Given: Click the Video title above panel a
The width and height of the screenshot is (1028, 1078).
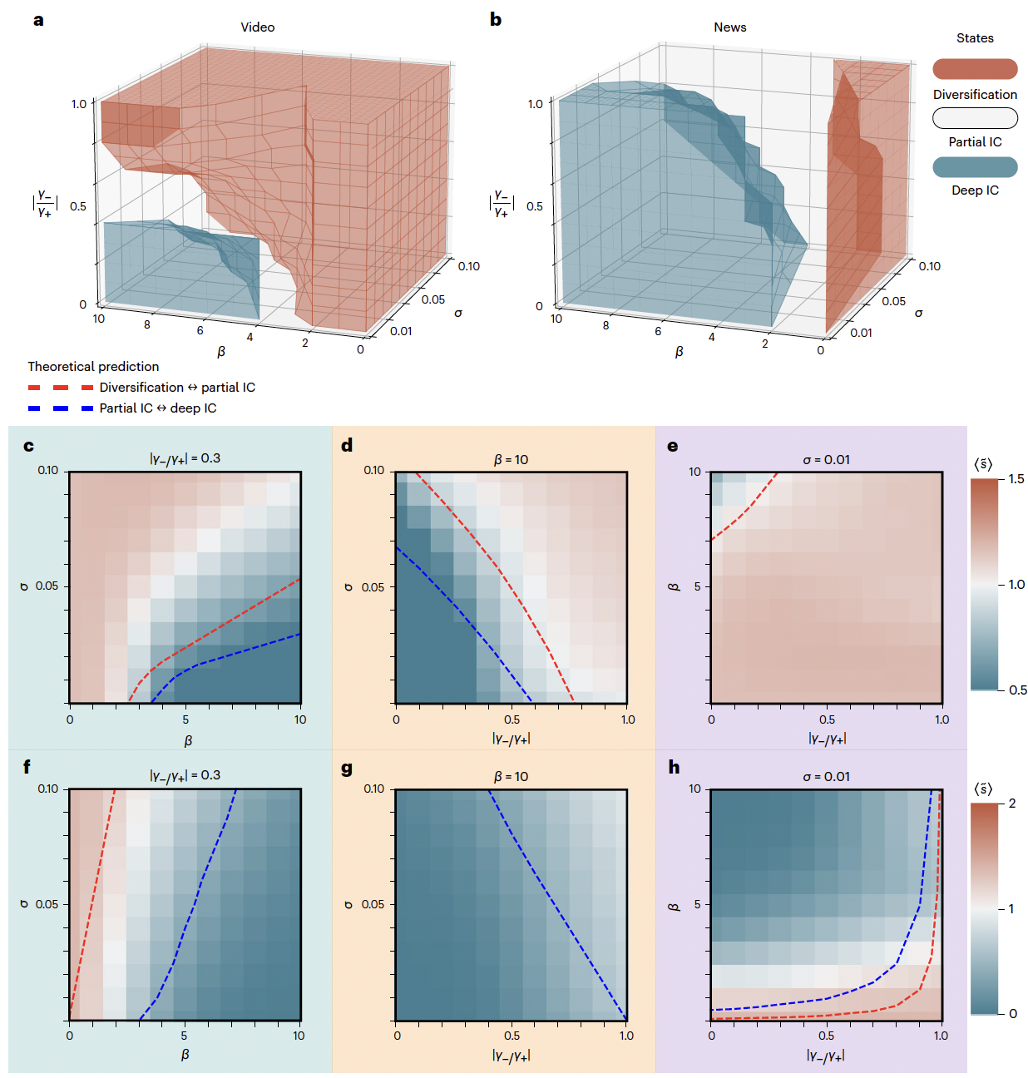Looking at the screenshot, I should pyautogui.click(x=258, y=27).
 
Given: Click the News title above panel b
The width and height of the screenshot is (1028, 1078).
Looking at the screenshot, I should pyautogui.click(x=729, y=27).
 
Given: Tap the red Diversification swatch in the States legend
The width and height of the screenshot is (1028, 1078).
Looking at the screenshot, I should pyautogui.click(x=975, y=69).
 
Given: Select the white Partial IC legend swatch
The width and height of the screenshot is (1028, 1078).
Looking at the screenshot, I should pyautogui.click(x=975, y=118).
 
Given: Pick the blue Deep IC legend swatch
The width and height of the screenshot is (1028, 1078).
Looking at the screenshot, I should pyautogui.click(x=975, y=166).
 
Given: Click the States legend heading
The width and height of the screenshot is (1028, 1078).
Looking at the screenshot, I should pyautogui.click(x=975, y=38).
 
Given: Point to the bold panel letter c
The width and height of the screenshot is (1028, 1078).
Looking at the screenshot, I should pyautogui.click(x=29, y=446).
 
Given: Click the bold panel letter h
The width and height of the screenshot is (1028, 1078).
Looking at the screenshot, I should pyautogui.click(x=674, y=767).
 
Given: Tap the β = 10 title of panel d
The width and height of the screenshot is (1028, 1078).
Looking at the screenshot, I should pyautogui.click(x=511, y=459).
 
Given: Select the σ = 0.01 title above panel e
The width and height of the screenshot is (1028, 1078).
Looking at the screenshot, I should pyautogui.click(x=826, y=459).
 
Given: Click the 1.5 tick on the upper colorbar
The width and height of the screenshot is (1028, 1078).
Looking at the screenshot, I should pyautogui.click(x=1016, y=479).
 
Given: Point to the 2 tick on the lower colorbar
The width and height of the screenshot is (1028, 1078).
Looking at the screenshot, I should pyautogui.click(x=1012, y=804).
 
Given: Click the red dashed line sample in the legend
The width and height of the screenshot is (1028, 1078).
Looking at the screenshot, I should pyautogui.click(x=60, y=388).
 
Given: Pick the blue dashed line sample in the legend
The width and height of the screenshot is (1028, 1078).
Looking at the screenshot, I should pyautogui.click(x=60, y=408).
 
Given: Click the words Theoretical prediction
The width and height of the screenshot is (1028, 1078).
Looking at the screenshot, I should pyautogui.click(x=93, y=367).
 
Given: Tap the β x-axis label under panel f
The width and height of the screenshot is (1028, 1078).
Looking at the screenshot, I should pyautogui.click(x=185, y=1055).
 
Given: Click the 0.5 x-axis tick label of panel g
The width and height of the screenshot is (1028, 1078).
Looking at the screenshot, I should pyautogui.click(x=512, y=1036).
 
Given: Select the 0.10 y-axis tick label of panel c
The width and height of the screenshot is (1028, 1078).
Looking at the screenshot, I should pyautogui.click(x=48, y=471).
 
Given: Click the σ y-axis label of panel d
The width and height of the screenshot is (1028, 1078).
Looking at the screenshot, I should pyautogui.click(x=348, y=587).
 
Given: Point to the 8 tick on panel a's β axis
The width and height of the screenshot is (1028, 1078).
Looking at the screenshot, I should pyautogui.click(x=147, y=325).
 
